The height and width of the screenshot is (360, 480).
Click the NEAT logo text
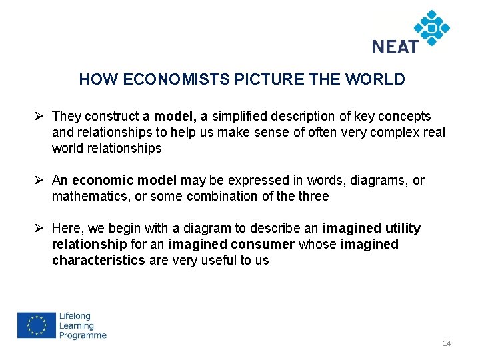point(395,46)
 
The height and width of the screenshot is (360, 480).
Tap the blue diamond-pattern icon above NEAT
point(431,27)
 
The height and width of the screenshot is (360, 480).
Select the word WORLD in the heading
point(375,80)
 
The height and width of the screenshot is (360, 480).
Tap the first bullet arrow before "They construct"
point(41,116)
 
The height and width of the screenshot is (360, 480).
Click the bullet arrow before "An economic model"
point(41,180)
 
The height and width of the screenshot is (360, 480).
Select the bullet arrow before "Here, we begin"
point(41,229)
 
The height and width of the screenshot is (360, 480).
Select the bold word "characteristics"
point(98,261)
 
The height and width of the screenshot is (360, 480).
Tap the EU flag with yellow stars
point(36,325)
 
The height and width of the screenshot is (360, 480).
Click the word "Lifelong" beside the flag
point(75,316)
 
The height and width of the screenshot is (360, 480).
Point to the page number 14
point(446,343)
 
